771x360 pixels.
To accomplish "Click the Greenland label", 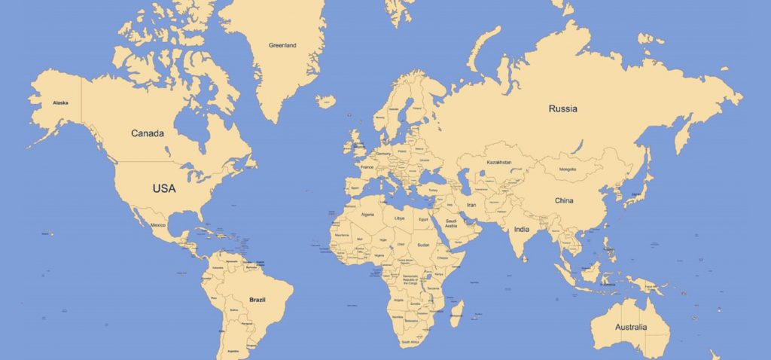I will [x=282, y=45].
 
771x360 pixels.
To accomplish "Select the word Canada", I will [x=148, y=133].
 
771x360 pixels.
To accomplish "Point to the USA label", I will [x=164, y=188].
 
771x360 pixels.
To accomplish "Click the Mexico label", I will [x=158, y=225].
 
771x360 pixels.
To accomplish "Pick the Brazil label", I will [x=258, y=299].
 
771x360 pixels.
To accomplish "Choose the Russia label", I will [x=562, y=108].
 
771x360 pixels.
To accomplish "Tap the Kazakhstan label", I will [x=499, y=163].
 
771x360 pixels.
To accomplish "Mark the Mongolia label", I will [x=568, y=169].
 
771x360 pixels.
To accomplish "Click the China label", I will [x=564, y=201].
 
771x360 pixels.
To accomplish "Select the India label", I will [x=521, y=229].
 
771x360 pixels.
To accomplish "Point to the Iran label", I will [x=472, y=205].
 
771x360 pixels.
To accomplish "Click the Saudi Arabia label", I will [x=451, y=223].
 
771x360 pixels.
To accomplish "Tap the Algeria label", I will [x=368, y=215].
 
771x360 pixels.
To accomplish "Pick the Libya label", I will [x=399, y=218].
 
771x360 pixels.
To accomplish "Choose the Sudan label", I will [x=423, y=245].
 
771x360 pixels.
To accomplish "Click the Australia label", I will [x=631, y=327].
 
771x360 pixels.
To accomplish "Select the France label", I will [x=367, y=167].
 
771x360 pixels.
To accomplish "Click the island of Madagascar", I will [x=456, y=311].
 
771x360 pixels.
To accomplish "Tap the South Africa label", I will [x=410, y=343].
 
